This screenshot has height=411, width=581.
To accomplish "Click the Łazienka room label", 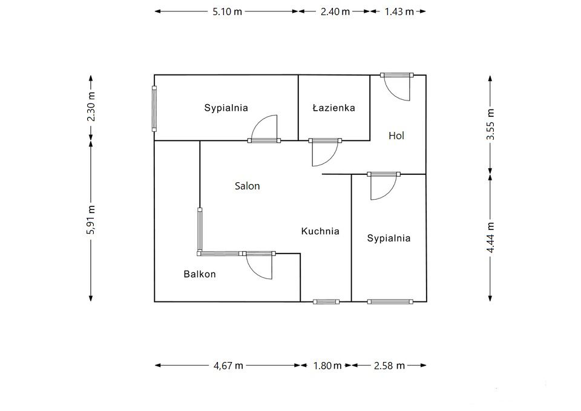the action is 334,108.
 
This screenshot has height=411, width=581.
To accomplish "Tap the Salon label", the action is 247,186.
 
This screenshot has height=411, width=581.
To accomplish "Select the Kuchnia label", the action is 320,231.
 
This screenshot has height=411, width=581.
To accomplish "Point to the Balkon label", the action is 200,274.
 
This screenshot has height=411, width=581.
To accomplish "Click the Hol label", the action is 396,136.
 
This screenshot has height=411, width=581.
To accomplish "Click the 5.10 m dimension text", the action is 227,12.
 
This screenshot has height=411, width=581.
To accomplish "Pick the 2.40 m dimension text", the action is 335,12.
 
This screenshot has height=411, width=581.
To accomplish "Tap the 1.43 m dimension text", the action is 399,12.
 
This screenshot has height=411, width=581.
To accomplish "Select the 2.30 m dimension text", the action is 91,107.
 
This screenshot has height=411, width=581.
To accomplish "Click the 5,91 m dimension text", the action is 91,219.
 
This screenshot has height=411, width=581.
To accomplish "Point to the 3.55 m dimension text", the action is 490,124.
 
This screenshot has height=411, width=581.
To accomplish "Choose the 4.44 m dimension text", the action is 490,237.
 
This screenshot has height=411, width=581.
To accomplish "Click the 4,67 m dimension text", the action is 228,366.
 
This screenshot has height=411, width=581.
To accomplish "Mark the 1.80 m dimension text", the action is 327,366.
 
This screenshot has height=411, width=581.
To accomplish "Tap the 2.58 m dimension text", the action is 389,366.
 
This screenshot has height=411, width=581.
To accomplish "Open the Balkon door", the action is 258,265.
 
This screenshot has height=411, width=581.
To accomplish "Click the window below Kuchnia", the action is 326,301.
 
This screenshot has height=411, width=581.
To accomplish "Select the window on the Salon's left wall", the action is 200,230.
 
